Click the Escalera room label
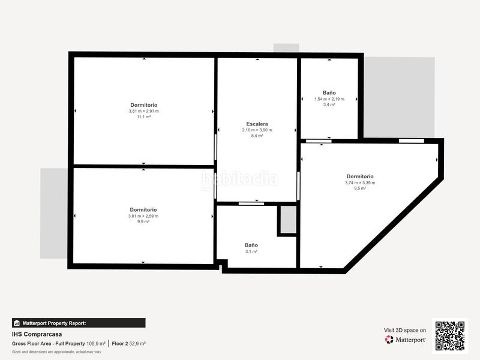coord(257,124)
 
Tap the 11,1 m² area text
coord(143,117)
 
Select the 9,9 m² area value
coord(143,222)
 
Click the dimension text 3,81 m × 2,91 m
coord(143,111)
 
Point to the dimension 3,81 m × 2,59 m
coord(143,216)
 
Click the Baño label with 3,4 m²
coord(329,93)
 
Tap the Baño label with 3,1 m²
coord(251,245)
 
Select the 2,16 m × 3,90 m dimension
coord(257,130)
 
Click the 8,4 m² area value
coord(257,136)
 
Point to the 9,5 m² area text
coord(360,188)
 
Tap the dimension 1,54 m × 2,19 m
coord(329,99)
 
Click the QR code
coord(449,335)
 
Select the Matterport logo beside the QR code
coord(406,340)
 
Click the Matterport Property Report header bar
coord(79,323)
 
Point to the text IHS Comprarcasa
coord(37,334)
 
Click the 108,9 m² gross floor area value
coord(96,344)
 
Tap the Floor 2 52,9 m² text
coord(129,344)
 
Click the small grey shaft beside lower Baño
coord(288,220)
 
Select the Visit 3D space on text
coord(405,330)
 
